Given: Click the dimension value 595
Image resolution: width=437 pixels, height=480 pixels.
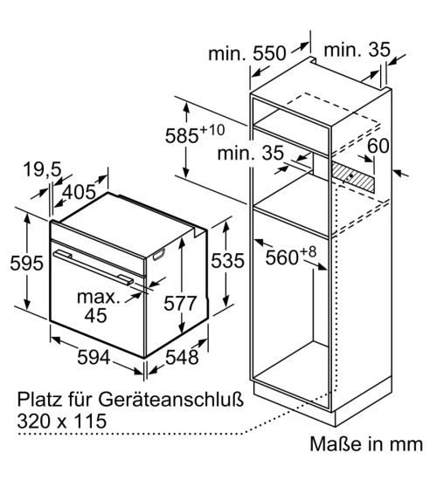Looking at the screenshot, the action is pos(26,263).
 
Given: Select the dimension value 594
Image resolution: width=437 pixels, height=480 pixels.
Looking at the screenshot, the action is pos(94,357).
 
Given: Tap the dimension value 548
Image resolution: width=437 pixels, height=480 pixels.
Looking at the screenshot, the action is pos(182,357).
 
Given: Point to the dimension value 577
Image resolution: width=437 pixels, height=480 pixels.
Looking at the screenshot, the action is pos(180,303).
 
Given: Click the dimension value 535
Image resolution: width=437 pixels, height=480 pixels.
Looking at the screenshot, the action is pos(227,261).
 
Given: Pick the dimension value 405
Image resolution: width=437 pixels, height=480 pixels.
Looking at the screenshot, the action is pos(80,192).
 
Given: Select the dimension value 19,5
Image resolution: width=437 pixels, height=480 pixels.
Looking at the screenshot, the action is pos(42,169).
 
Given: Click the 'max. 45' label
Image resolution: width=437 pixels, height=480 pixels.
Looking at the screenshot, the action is pos(98,306).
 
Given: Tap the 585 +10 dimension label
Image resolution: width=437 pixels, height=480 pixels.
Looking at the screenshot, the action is pos(195,134).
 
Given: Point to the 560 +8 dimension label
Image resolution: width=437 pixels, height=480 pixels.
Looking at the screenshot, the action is pos(290,257).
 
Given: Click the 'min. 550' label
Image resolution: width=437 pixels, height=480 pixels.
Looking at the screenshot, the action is pos(246,53).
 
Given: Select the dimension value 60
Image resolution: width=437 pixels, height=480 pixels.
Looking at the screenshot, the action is pos(378,146).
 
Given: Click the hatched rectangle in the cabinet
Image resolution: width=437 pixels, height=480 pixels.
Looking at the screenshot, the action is pos(353,176).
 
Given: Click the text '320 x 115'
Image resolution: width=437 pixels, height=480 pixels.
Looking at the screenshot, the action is pos(62,421).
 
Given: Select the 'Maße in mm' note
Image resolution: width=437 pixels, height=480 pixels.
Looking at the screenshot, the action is pos(366,444).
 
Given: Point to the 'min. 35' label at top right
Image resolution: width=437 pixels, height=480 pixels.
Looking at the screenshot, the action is pos(357,49).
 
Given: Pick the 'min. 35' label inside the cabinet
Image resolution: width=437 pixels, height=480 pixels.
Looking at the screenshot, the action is pos(251,153).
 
